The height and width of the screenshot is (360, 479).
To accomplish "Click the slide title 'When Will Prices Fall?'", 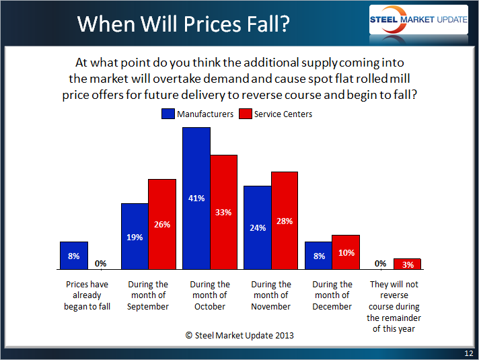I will point(183,24).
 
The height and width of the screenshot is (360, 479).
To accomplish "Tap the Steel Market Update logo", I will point(418,20).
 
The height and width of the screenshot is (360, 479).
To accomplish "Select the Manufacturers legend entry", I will point(198,114).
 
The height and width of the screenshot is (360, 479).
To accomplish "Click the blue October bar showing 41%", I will point(196,198).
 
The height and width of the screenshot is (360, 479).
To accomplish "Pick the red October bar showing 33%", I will point(224,212).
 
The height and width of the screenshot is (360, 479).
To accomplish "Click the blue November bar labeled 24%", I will point(257,227).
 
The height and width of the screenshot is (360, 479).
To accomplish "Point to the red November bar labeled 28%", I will point(285,220).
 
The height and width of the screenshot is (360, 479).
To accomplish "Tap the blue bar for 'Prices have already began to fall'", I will point(73,255).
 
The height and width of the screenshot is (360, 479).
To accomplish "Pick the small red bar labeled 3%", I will point(407,263).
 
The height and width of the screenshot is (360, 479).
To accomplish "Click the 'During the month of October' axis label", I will point(210,295).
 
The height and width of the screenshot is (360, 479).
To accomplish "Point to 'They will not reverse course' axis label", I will point(394,306).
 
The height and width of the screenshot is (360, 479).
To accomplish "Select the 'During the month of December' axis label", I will point(332,295).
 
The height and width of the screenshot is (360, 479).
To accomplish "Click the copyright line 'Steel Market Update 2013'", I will point(239,335).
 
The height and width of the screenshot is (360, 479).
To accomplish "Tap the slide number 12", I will point(468,353).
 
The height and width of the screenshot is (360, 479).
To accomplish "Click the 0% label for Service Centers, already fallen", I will point(101,263).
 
